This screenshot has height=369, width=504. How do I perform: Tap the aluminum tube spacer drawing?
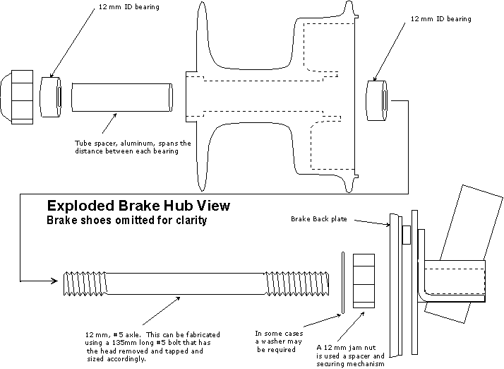click(x=122, y=96)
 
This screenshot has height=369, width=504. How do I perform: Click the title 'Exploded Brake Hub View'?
click(x=138, y=206)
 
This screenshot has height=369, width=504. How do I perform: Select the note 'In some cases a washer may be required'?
click(x=284, y=341)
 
